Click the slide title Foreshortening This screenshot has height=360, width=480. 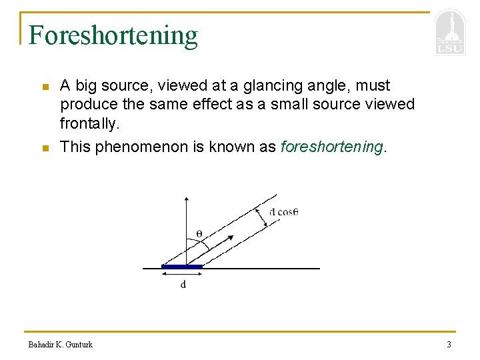point(113,35)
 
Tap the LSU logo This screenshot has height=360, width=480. point(449,33)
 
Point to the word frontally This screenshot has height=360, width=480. point(88,124)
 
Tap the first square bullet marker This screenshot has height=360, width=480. point(45,87)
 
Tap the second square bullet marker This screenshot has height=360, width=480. point(45,148)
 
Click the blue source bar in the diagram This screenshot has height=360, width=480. point(182,267)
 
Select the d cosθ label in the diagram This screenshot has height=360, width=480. point(283,212)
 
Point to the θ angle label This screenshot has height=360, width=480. point(199,233)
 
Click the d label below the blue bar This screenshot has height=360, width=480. point(183,285)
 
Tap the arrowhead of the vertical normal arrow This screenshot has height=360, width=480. point(186,198)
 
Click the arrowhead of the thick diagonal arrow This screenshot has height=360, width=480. point(231,237)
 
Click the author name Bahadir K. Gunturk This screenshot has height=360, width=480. point(61,345)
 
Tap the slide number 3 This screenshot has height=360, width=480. point(449,345)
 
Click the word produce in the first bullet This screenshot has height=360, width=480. point(85,105)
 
